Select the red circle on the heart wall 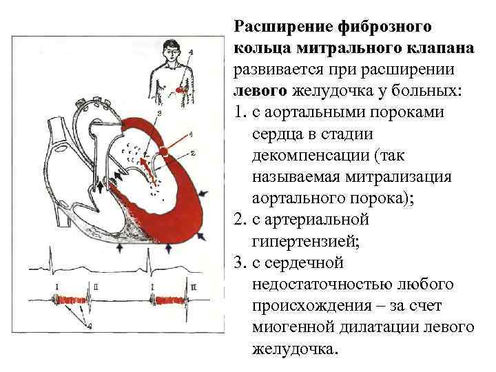coord(165,151)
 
